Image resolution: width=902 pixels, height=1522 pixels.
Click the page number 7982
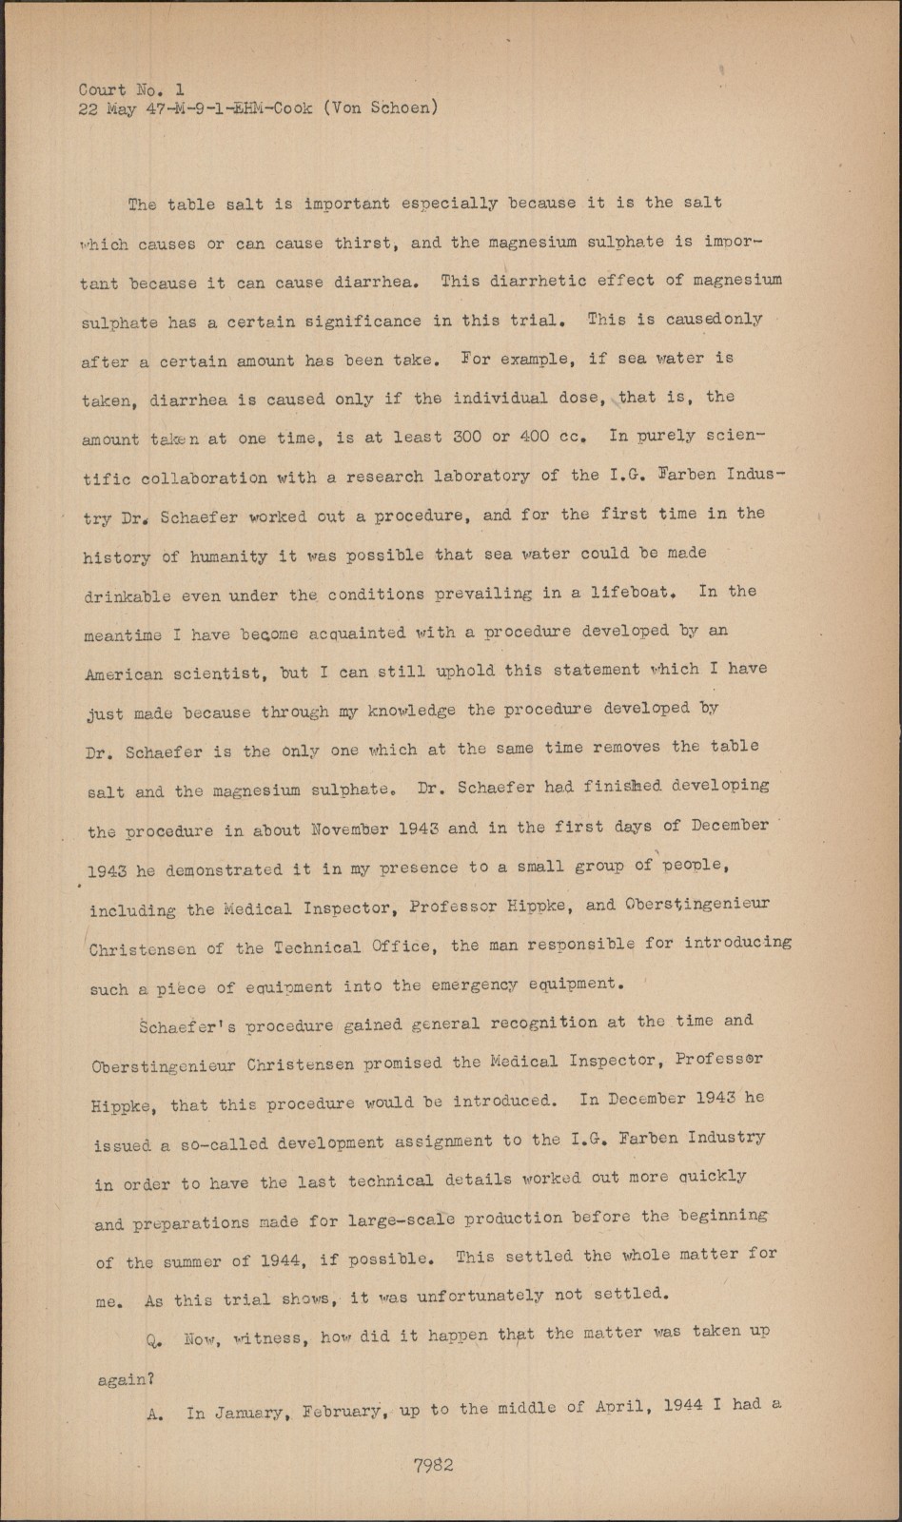coord(433,1466)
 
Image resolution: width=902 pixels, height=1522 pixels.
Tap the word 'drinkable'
coord(127,596)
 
